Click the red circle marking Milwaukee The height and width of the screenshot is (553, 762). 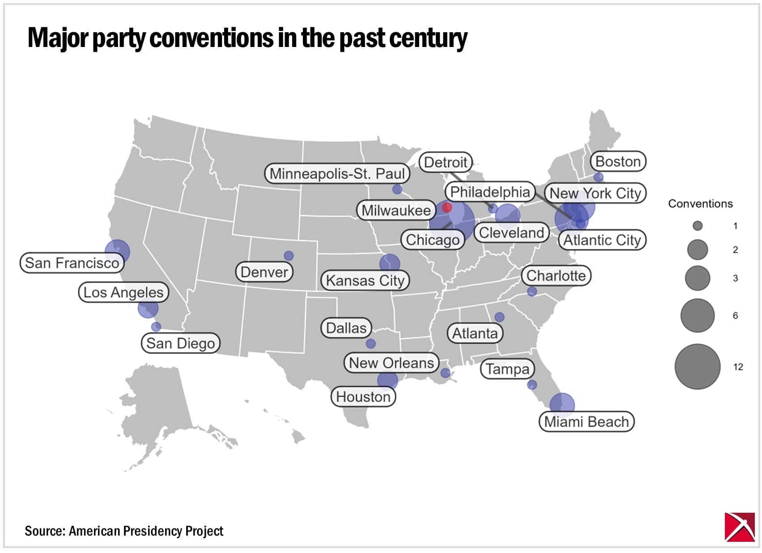447,208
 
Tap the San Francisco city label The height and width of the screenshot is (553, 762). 72,263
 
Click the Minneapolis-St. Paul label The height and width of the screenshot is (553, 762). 337,174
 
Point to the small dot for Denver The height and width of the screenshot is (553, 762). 289,255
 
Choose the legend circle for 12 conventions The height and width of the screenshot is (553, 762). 697,366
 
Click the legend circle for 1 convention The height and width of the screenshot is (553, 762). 697,226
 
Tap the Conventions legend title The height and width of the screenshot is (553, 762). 700,204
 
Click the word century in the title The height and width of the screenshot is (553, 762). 428,38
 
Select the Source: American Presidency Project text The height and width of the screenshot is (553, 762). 124,531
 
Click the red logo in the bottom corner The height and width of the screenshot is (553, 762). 739,527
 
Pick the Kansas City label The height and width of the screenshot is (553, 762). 365,281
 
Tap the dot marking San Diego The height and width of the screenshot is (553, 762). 156,327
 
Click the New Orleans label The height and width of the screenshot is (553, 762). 391,363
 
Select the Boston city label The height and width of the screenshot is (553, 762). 618,162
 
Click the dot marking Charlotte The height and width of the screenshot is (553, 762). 532,292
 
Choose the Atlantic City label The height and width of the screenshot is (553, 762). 602,240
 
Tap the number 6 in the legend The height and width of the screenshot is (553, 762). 735,316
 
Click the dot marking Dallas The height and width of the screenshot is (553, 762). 370,344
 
